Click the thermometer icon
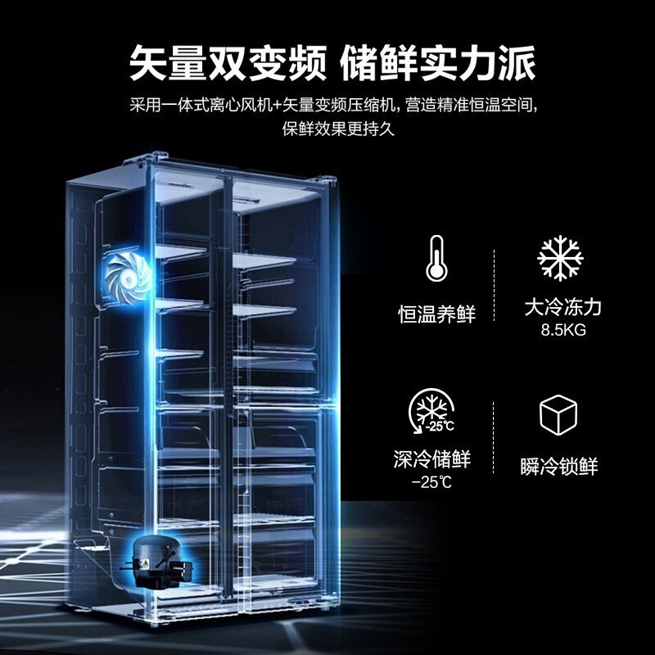tap(436, 259)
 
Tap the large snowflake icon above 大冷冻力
tap(560, 258)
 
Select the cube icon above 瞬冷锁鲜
tap(558, 414)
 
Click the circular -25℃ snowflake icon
tap(431, 412)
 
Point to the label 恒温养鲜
tap(436, 314)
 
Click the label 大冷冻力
tap(562, 308)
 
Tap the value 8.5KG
tap(563, 330)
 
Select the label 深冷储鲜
tap(432, 459)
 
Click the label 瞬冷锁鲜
tap(559, 466)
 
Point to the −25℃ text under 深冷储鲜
tap(431, 482)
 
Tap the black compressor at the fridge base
tap(158, 560)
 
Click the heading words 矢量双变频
tap(228, 64)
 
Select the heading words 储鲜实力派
tap(437, 64)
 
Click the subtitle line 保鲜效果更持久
tap(338, 129)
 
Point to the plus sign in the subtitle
tap(275, 106)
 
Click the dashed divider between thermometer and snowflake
tap(495, 285)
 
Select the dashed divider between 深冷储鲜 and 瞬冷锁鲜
tap(494, 437)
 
